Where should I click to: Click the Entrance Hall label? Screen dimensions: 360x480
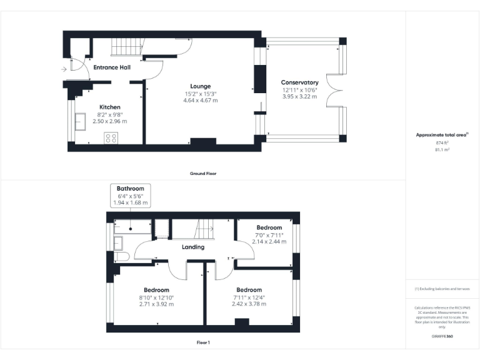[111, 67]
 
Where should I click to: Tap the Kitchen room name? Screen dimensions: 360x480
[109, 107]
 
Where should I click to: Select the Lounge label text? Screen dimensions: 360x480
[201, 86]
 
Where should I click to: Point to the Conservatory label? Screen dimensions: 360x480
[299, 82]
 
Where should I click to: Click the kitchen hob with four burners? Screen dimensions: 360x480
[111, 138]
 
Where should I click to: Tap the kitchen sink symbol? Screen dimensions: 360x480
[81, 121]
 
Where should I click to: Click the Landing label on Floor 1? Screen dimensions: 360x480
[192, 247]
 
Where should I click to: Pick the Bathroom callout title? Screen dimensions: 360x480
[130, 189]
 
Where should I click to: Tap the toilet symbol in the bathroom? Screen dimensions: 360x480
[121, 256]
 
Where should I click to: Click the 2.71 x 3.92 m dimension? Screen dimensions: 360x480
[156, 304]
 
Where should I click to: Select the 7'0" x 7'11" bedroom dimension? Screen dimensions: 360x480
[269, 234]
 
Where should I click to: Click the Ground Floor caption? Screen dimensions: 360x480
[203, 173]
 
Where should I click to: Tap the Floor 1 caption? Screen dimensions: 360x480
[203, 342]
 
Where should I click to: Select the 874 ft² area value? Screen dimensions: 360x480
[442, 143]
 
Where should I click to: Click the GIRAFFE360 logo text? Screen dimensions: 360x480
[442, 337]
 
